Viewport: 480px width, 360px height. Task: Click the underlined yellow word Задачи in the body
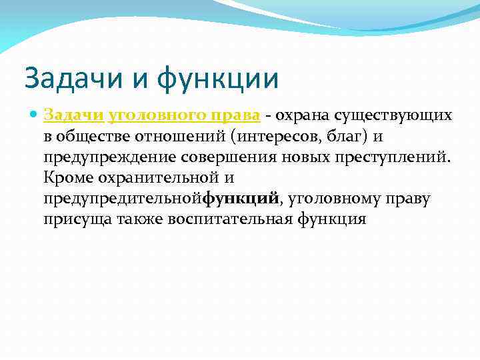coord(73,115)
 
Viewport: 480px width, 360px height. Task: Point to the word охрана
coord(304,115)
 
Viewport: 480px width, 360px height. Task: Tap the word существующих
coord(395,115)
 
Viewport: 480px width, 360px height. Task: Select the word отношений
coord(175,137)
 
